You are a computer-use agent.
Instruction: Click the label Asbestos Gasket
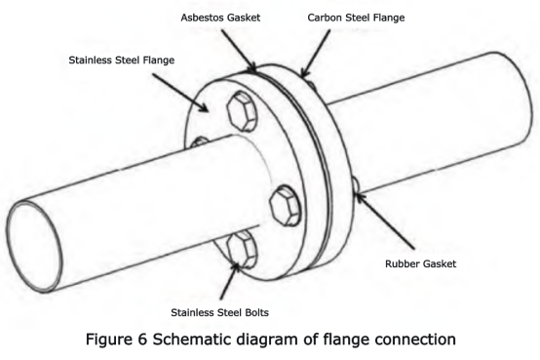pos(220,18)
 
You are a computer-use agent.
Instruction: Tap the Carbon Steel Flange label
pos(356,18)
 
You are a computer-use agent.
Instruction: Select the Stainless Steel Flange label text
pos(122,60)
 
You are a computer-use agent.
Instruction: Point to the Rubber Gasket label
pos(420,263)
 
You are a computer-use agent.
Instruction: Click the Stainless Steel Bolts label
pos(219,312)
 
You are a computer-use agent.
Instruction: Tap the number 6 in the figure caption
pos(142,340)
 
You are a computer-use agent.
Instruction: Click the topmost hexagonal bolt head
pos(242,111)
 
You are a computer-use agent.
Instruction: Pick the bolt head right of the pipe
pos(286,206)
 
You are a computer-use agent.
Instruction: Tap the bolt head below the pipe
pos(242,250)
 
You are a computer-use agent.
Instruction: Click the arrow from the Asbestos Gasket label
pos(239,51)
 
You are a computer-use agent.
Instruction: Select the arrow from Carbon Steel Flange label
pos(316,53)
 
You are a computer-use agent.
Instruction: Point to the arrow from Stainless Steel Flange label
pos(180,93)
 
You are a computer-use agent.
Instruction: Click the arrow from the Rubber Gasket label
pos(385,220)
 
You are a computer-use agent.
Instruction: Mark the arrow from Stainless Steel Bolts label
pos(230,281)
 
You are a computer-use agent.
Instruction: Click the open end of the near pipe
pos(34,247)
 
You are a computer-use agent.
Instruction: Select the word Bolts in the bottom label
pos(256,312)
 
